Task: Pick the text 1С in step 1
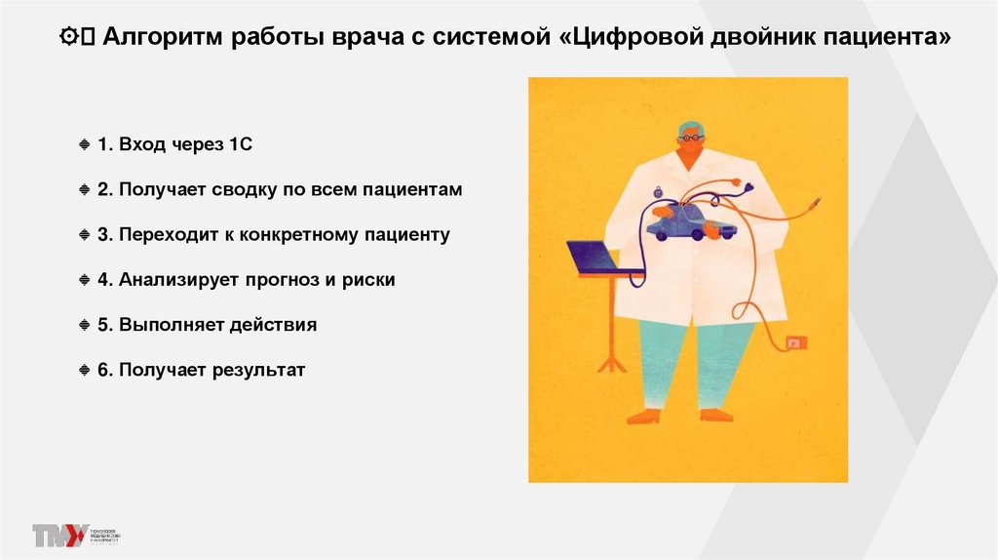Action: (242, 144)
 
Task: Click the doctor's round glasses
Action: (691, 139)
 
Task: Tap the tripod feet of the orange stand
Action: (612, 362)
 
